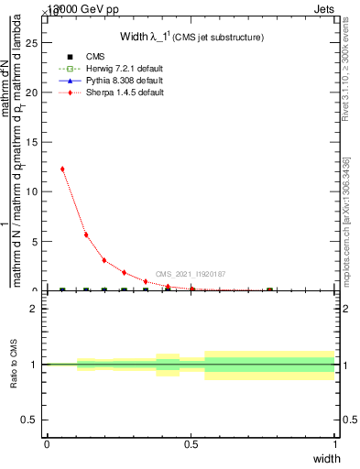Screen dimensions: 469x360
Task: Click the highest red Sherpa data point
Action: tap(62, 169)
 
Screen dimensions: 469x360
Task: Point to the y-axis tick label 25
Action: tap(33, 42)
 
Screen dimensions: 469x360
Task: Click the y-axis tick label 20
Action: tap(33, 92)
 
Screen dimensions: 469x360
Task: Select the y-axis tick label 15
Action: tap(33, 141)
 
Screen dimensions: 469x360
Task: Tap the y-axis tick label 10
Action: tap(33, 191)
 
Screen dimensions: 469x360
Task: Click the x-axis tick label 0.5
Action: tap(191, 443)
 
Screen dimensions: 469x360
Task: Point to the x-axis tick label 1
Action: tap(334, 443)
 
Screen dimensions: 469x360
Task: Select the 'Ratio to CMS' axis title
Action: tap(14, 365)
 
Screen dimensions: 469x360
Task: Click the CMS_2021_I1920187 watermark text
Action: tap(191, 274)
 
